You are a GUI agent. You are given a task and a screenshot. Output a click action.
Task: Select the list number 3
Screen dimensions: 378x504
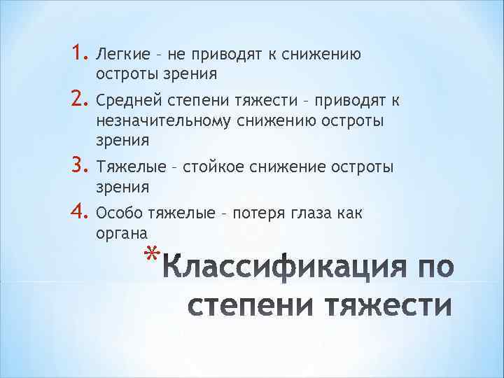click(x=78, y=166)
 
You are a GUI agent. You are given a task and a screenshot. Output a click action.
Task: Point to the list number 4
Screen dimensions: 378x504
click(x=78, y=211)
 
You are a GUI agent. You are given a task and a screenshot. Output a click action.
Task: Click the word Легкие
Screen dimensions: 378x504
click(x=118, y=53)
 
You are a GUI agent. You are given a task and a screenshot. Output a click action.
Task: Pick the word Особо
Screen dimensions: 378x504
click(x=116, y=213)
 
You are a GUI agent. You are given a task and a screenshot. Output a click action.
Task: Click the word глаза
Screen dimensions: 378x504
click(x=305, y=213)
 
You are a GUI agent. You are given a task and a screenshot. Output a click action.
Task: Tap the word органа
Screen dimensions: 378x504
click(x=120, y=234)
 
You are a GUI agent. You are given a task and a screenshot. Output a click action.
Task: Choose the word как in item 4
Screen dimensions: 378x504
click(x=348, y=213)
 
